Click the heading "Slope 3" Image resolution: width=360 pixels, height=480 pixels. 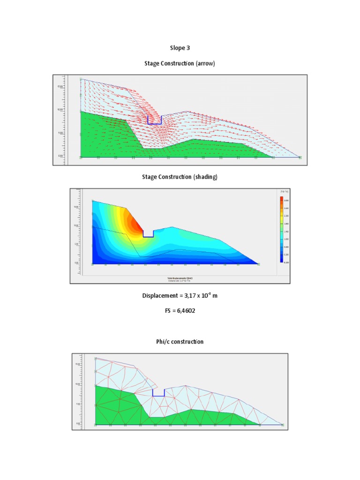[x=180, y=48]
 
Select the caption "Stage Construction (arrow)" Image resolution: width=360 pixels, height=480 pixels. [x=180, y=64]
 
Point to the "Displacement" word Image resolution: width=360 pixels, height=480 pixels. [x=159, y=296]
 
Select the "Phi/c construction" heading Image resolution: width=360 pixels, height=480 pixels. [x=180, y=342]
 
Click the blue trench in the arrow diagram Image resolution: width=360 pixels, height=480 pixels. [x=154, y=120]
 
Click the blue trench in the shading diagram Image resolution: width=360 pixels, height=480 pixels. [x=148, y=234]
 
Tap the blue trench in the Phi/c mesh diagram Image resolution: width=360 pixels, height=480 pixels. [x=158, y=393]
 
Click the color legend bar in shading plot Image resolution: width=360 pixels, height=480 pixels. [x=281, y=229]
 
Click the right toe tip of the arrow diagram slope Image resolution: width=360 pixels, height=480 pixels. [x=300, y=157]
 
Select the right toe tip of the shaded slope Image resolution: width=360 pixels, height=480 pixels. [x=258, y=264]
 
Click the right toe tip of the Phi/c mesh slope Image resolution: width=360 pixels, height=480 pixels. [x=282, y=424]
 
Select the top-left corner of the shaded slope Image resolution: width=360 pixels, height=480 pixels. [x=93, y=201]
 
